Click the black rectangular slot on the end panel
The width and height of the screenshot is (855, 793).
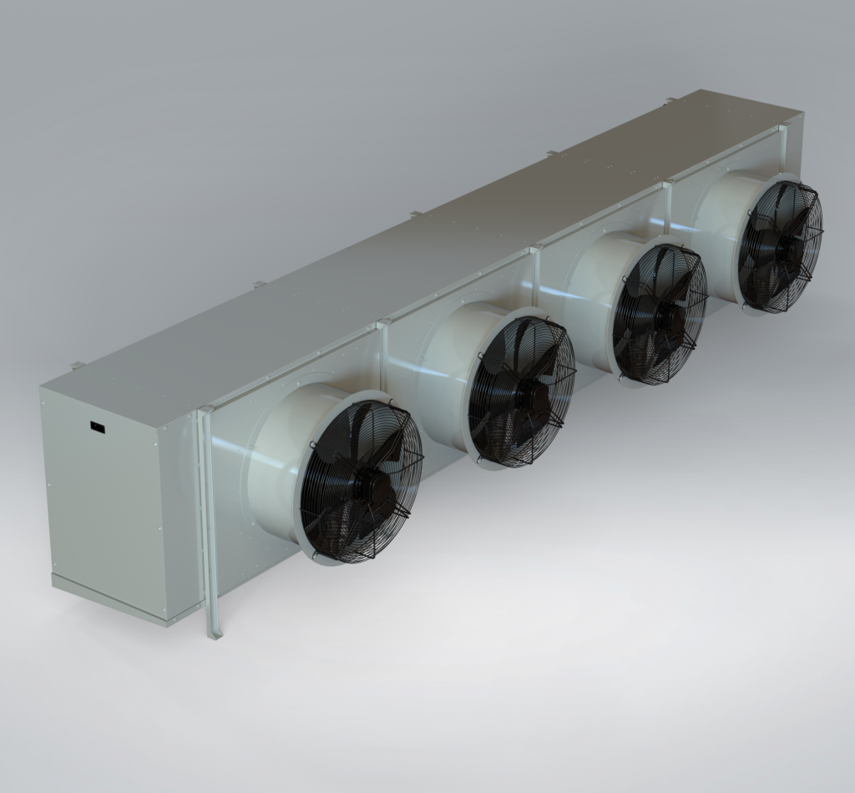(98, 428)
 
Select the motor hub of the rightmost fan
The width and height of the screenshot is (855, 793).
(782, 245)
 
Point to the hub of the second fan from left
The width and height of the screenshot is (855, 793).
(524, 391)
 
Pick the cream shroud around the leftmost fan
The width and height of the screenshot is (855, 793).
(280, 467)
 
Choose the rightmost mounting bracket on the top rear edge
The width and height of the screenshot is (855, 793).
(670, 101)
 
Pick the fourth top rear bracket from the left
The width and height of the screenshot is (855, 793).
(551, 153)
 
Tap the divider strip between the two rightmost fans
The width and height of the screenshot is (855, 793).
(667, 213)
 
